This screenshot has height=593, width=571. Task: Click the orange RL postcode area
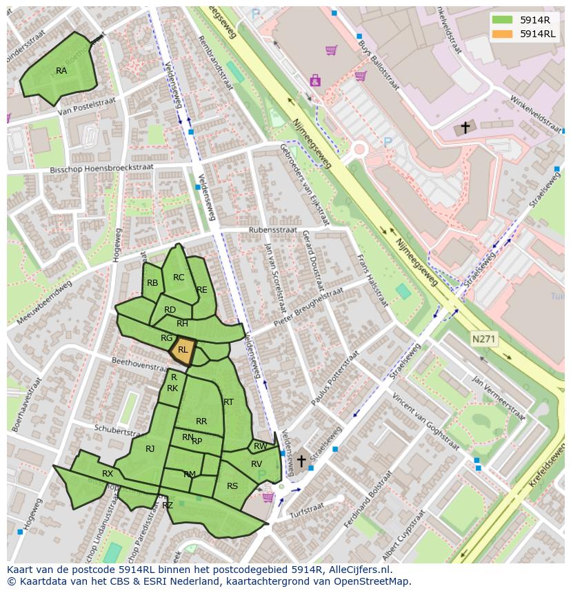pyautogui.click(x=183, y=348)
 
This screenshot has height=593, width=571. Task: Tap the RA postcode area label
pyautogui.click(x=61, y=71)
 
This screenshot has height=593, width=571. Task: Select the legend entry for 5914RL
pyautogui.click(x=537, y=33)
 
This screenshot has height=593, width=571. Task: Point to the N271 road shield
pyautogui.click(x=484, y=339)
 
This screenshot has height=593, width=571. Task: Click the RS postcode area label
pyautogui.click(x=232, y=486)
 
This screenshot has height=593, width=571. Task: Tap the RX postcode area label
pyautogui.click(x=108, y=474)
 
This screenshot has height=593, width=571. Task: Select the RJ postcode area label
pyautogui.click(x=150, y=449)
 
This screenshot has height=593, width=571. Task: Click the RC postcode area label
pyautogui.click(x=179, y=278)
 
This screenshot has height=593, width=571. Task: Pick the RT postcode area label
pyautogui.click(x=228, y=402)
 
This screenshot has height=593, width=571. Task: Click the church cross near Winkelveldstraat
pyautogui.click(x=465, y=127)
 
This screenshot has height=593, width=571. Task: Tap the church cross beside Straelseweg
pyautogui.click(x=301, y=460)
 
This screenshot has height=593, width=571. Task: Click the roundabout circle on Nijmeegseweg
pyautogui.click(x=359, y=149)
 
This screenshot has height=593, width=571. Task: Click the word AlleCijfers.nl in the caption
pyautogui.click(x=359, y=570)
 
